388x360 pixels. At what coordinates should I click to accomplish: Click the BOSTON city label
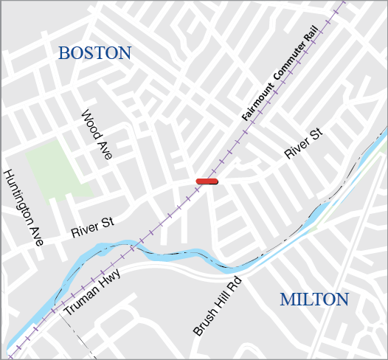pos(94,53)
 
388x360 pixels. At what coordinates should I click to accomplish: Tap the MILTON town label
pos(313,300)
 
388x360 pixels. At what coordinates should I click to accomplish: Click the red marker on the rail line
pos(207,181)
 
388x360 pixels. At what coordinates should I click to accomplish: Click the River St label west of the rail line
pos(92,227)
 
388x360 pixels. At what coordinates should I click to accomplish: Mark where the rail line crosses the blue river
pos(131,248)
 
